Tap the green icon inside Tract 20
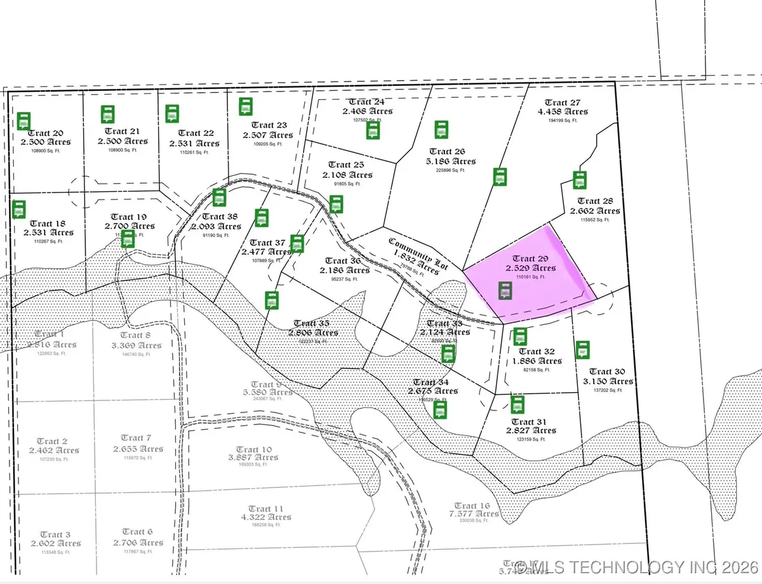24,121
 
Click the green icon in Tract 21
108,115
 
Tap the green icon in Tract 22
172,114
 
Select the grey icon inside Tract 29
505,291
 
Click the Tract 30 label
606,371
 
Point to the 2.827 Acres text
531,430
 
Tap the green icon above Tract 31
518,404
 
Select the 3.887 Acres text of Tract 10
253,457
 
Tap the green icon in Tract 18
20,209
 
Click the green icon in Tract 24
373,130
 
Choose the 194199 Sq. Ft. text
563,120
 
